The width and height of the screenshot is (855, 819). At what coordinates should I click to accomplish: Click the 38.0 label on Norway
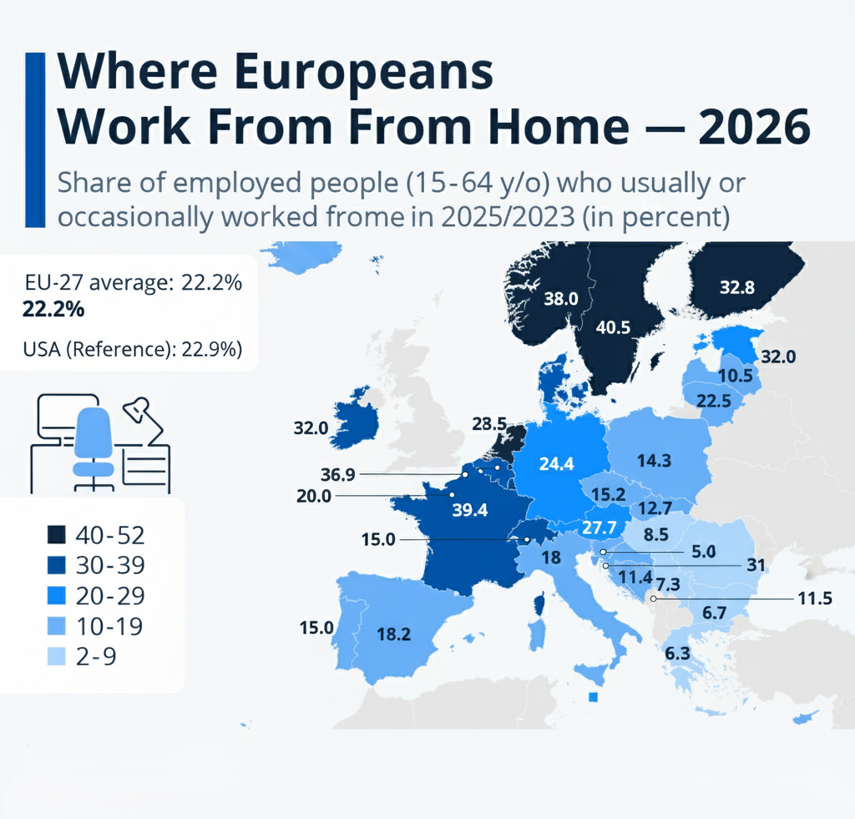point(561,298)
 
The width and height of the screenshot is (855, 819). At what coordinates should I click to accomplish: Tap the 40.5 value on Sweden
point(613,327)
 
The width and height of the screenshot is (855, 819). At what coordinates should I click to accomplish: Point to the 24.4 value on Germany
point(556,464)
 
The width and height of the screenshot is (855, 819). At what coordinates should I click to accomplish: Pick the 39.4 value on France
point(469,510)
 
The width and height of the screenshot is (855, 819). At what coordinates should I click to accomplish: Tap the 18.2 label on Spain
point(394,634)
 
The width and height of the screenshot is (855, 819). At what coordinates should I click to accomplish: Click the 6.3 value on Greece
point(677,653)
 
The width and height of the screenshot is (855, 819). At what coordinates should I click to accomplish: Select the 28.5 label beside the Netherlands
point(489,425)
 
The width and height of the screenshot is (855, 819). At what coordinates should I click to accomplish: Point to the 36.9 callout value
point(338,474)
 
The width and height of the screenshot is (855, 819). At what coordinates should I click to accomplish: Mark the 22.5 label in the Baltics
point(714,401)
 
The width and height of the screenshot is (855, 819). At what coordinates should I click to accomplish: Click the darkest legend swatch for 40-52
point(57,535)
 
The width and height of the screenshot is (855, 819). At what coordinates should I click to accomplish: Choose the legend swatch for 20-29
point(57,595)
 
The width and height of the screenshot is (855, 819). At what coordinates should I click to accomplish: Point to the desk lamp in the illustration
point(141,417)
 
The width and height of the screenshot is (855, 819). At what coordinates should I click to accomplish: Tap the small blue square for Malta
point(594,697)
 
